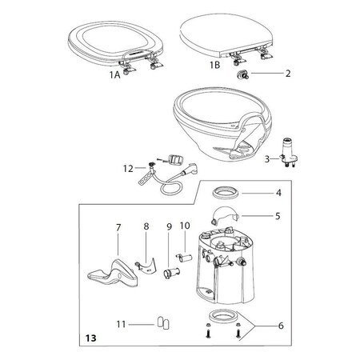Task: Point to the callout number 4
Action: pos(278,193)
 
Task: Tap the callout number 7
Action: pos(118,229)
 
